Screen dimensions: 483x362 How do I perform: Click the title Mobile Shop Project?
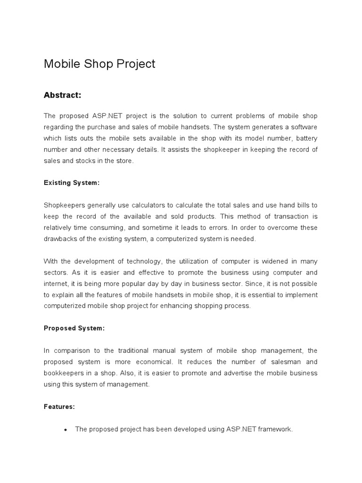click(99, 64)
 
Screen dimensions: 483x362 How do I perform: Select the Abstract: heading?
click(63, 95)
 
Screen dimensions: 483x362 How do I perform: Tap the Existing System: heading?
click(72, 183)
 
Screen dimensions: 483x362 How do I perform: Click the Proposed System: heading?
click(74, 328)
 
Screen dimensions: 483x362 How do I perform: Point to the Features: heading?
click(59, 407)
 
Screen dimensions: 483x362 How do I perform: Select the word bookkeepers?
click(65, 373)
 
